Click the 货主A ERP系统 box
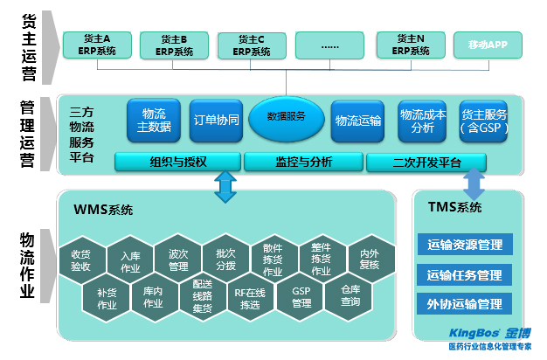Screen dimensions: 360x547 point(96,45)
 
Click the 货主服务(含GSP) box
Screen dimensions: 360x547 point(483,121)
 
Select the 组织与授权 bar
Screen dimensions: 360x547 point(177,162)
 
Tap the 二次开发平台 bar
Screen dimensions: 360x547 point(426,162)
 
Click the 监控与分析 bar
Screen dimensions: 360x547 point(303,162)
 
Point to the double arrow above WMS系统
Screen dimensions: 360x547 point(225,186)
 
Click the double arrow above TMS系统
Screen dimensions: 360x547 point(473,183)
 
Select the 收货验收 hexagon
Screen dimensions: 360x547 point(81,260)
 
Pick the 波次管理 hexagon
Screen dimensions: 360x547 point(178,260)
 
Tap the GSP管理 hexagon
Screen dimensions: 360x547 point(301,297)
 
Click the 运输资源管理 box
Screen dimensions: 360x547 point(465,245)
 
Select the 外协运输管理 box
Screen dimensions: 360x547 point(465,304)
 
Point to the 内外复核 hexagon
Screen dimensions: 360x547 point(370,259)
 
